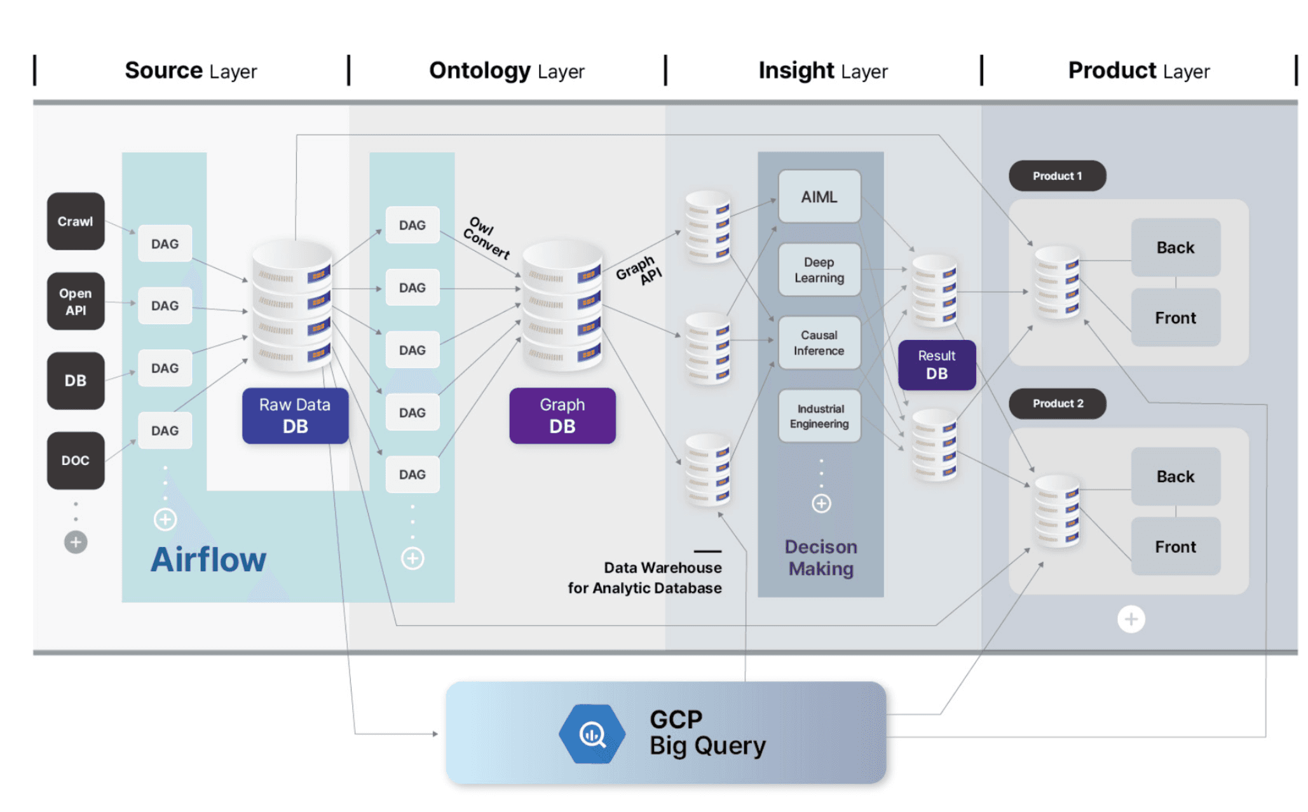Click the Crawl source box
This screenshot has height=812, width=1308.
[76, 221]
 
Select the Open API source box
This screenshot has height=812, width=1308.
[76, 301]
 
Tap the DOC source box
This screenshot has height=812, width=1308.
[76, 460]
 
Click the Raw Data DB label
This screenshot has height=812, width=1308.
[295, 416]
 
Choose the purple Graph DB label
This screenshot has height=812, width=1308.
[562, 416]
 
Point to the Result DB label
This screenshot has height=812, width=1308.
[936, 365]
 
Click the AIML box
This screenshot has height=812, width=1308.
[819, 197]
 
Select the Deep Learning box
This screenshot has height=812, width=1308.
[819, 270]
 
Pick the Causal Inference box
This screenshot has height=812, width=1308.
[819, 343]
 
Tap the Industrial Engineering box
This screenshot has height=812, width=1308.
[819, 416]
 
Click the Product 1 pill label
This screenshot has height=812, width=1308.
[1056, 176]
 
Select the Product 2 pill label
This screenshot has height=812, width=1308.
[1057, 403]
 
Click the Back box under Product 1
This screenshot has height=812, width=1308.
[1175, 248]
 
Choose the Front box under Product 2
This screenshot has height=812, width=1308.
[1175, 546]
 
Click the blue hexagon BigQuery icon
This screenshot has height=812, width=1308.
[592, 734]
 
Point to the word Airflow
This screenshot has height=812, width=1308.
[208, 560]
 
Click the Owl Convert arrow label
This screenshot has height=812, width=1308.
[487, 238]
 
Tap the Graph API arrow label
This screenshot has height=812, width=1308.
[638, 270]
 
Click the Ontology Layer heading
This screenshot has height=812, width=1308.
[506, 71]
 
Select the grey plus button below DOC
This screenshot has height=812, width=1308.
[76, 542]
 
